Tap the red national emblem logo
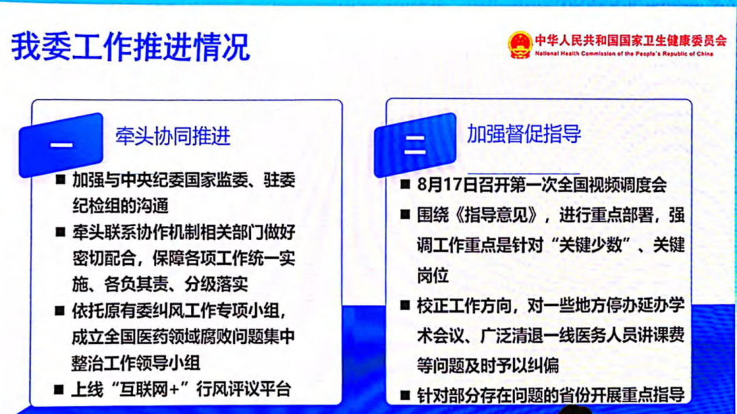click(x=519, y=45)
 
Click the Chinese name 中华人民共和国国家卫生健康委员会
click(x=630, y=40)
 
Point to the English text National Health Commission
click(x=624, y=53)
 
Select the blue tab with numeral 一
click(x=62, y=144)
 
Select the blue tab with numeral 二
click(x=415, y=144)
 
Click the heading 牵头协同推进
click(x=173, y=136)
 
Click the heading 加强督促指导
click(x=523, y=133)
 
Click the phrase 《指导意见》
click(x=483, y=215)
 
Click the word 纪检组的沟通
click(x=120, y=204)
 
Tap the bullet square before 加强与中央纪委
click(x=60, y=180)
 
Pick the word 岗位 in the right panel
click(x=433, y=275)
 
